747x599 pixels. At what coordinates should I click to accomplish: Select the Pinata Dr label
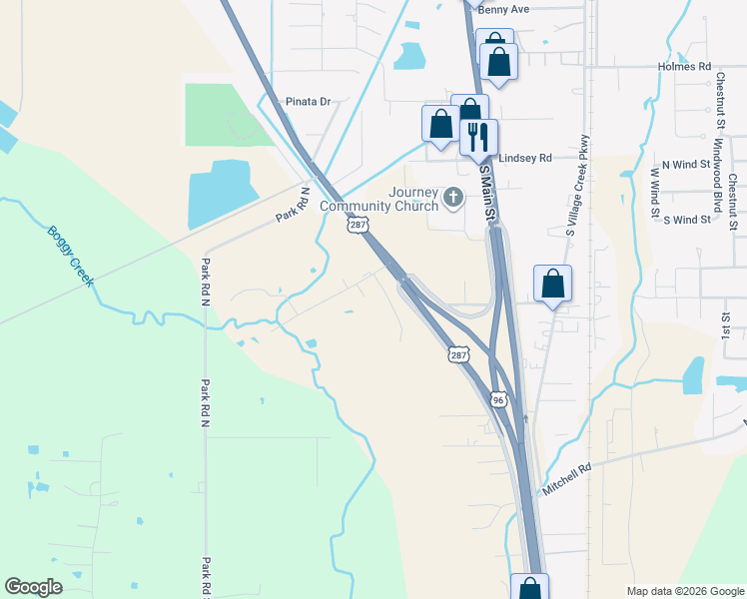click(x=308, y=102)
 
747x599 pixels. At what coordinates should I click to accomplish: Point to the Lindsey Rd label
click(x=525, y=158)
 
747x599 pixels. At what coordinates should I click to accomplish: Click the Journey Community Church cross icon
click(x=454, y=197)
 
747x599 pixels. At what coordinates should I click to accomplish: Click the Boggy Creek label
click(x=70, y=256)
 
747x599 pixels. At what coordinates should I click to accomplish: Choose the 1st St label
click(x=727, y=329)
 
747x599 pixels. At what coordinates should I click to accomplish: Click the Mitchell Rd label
click(x=567, y=478)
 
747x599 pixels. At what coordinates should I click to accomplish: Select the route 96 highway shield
click(x=498, y=399)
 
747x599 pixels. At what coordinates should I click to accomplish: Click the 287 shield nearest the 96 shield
click(x=457, y=354)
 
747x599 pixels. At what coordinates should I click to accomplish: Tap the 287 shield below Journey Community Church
click(x=357, y=227)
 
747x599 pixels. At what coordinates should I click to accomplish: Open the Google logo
click(x=34, y=586)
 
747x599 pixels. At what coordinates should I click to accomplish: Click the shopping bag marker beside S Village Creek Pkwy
click(x=552, y=285)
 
